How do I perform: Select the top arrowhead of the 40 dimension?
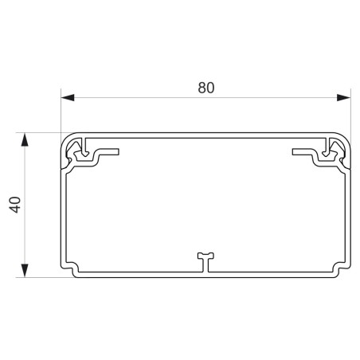pos(25,140)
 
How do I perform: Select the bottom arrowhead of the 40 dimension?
pos(25,269)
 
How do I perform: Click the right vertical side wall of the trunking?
pos(349,215)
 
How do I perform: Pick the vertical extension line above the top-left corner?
pos(61,112)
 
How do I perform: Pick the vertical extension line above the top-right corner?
pos(351,112)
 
